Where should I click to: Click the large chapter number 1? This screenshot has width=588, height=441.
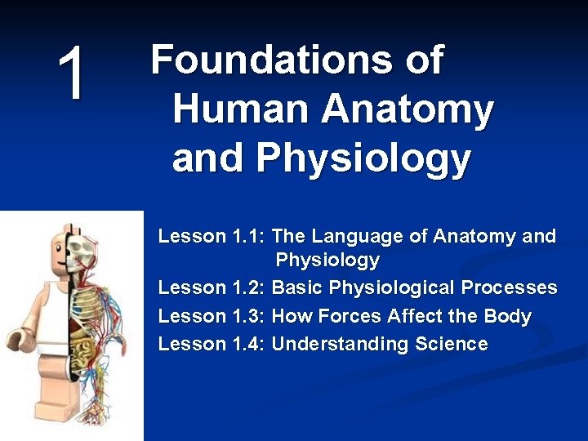[x=72, y=75]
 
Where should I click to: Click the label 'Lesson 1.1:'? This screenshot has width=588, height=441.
[x=212, y=237]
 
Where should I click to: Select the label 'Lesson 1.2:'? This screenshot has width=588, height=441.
[x=212, y=288]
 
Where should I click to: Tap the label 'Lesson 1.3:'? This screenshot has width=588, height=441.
[x=212, y=316]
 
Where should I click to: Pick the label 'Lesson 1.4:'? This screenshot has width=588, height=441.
[x=212, y=344]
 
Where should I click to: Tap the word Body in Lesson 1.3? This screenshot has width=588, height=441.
[x=509, y=316]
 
